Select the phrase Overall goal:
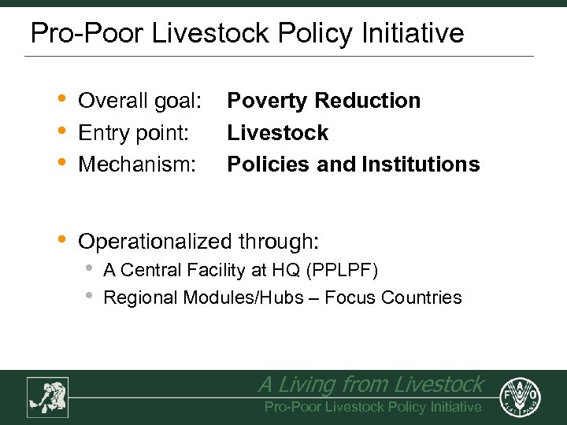140,101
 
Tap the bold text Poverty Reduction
324,101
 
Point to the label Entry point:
134,132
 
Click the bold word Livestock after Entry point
277,132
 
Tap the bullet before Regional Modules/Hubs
89,296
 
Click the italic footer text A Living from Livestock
370,385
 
